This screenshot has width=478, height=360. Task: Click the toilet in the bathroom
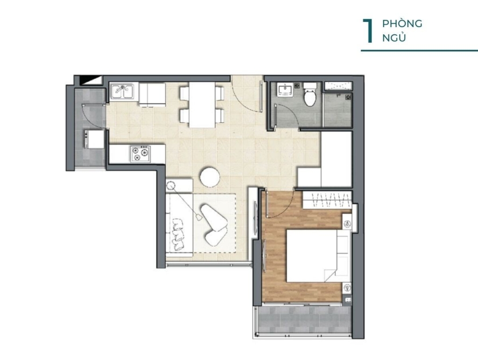[x=310, y=94]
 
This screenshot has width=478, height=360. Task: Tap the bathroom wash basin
[x=286, y=90]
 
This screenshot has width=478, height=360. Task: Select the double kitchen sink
[x=122, y=91]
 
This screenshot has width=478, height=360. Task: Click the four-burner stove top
[x=141, y=153]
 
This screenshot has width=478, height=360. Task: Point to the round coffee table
[x=210, y=176]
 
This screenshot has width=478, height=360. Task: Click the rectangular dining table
[x=202, y=105]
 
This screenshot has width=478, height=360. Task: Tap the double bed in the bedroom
[x=317, y=256]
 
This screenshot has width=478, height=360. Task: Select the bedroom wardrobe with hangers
[x=326, y=200]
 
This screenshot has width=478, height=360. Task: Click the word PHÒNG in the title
[x=402, y=24]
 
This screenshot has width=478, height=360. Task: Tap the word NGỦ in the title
[x=394, y=38]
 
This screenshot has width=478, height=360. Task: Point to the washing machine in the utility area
[x=94, y=139]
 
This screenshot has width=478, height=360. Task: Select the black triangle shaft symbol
[x=90, y=80]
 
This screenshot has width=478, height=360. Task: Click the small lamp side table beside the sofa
[x=179, y=186]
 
